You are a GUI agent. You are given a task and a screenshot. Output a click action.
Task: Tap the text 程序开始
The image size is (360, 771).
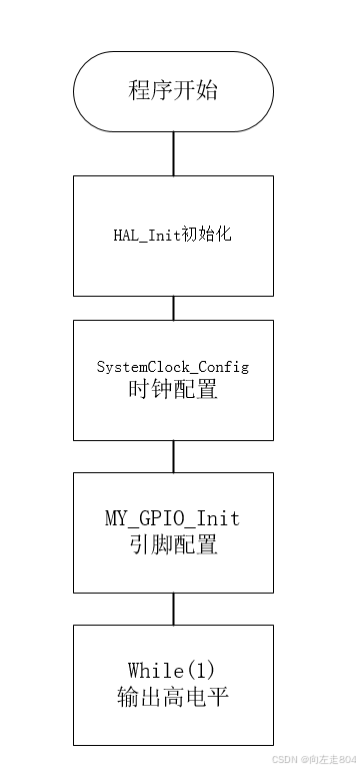point(173,91)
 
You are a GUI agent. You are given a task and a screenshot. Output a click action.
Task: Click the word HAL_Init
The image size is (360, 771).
point(146,236)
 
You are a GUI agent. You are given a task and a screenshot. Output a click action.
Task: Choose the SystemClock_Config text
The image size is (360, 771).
point(172,367)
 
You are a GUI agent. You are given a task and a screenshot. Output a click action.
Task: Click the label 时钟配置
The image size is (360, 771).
point(173,389)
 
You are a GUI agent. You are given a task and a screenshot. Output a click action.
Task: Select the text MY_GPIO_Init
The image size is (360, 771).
point(173,519)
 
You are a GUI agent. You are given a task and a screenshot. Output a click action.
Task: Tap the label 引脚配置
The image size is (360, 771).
point(173,545)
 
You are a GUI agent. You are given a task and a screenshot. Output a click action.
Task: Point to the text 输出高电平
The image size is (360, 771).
point(173,696)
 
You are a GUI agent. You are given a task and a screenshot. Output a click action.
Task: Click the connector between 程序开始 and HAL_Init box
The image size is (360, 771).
point(173,153)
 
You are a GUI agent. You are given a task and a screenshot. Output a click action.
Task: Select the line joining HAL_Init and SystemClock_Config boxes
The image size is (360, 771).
point(173,307)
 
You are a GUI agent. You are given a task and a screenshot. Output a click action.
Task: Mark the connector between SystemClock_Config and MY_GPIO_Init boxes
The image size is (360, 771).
point(173,456)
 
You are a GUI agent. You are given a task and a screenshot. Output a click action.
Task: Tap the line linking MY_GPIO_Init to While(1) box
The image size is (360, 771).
point(173,608)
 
